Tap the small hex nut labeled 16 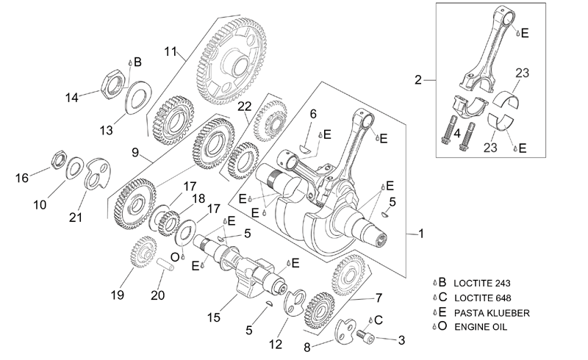60,160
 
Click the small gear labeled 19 143,251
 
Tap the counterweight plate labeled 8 344,331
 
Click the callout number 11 171,51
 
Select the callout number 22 245,107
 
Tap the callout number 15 214,317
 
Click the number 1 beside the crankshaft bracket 421,234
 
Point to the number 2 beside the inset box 418,80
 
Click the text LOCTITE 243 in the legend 482,283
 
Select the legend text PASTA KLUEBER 492,313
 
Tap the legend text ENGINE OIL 481,327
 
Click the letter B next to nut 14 137,62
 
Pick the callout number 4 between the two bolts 456,134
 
